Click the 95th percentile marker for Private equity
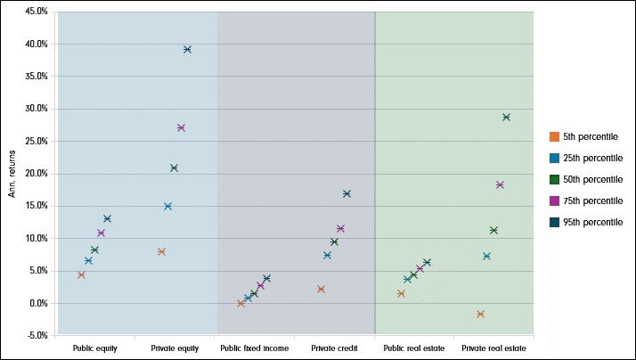187,49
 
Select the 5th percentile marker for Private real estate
480,314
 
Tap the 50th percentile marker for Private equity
174,168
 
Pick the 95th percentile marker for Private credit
347,193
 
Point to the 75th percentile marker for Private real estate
500,184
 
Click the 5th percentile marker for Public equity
81,274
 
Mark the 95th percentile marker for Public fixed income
266,278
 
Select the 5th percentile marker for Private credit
321,289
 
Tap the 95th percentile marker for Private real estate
506,117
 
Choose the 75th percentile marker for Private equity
181,127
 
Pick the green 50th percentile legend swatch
553,179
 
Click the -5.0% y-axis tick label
35,336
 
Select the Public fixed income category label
254,348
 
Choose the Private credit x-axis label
335,348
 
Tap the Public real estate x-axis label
412,348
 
